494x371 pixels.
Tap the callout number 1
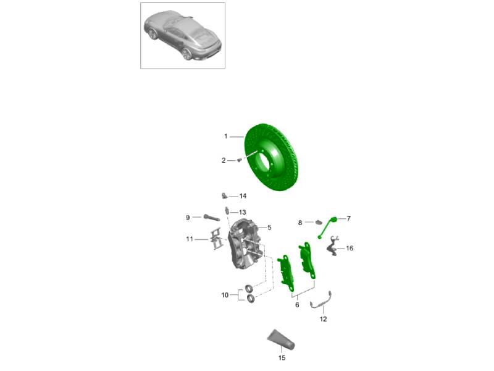(225, 136)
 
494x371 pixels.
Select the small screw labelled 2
(239, 160)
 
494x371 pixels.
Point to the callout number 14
(243, 196)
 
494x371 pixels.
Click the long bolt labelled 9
(207, 218)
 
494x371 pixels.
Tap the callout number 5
(269, 228)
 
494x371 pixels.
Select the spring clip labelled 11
(216, 239)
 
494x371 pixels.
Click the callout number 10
(225, 296)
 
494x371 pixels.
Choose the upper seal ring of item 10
(249, 288)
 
